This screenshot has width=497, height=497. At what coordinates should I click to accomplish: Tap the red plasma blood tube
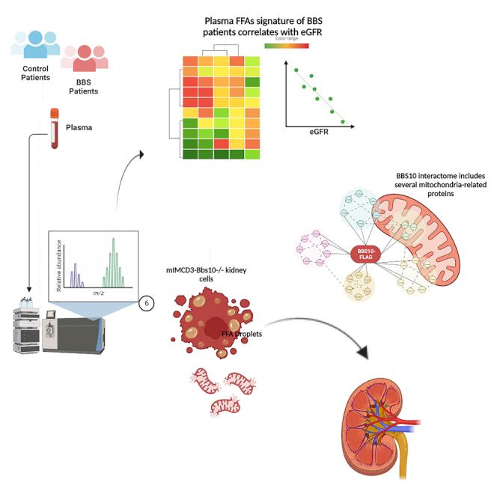coord(55,128)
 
